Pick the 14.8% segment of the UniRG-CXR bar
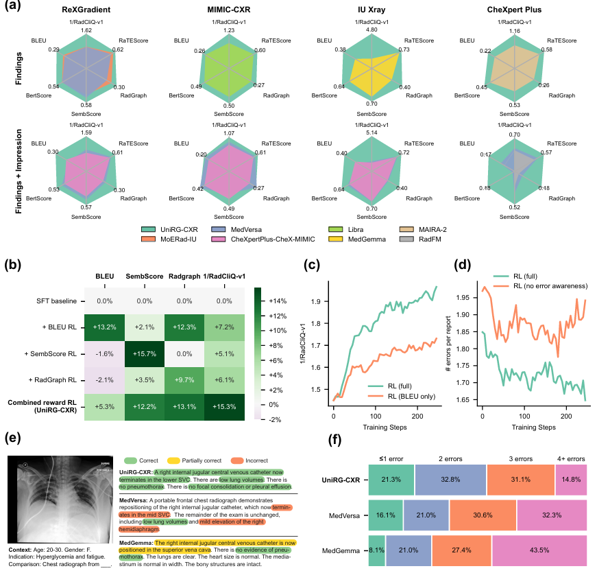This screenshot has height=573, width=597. (572, 478)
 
